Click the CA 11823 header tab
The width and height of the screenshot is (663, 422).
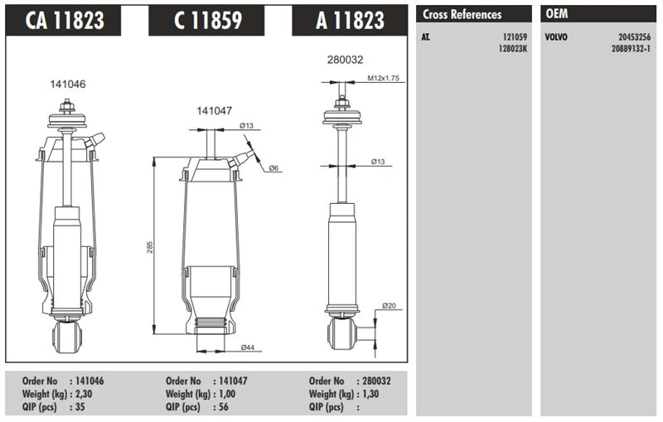pyautogui.click(x=65, y=21)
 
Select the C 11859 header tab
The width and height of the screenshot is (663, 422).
pyautogui.click(x=207, y=21)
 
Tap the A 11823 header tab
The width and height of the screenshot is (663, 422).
pyautogui.click(x=349, y=21)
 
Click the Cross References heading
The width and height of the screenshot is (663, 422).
pyautogui.click(x=462, y=14)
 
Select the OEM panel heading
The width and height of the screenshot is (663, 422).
pyautogui.click(x=557, y=14)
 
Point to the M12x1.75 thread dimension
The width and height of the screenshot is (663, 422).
pyautogui.click(x=384, y=78)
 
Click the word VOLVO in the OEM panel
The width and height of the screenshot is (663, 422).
pyautogui.click(x=556, y=38)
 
